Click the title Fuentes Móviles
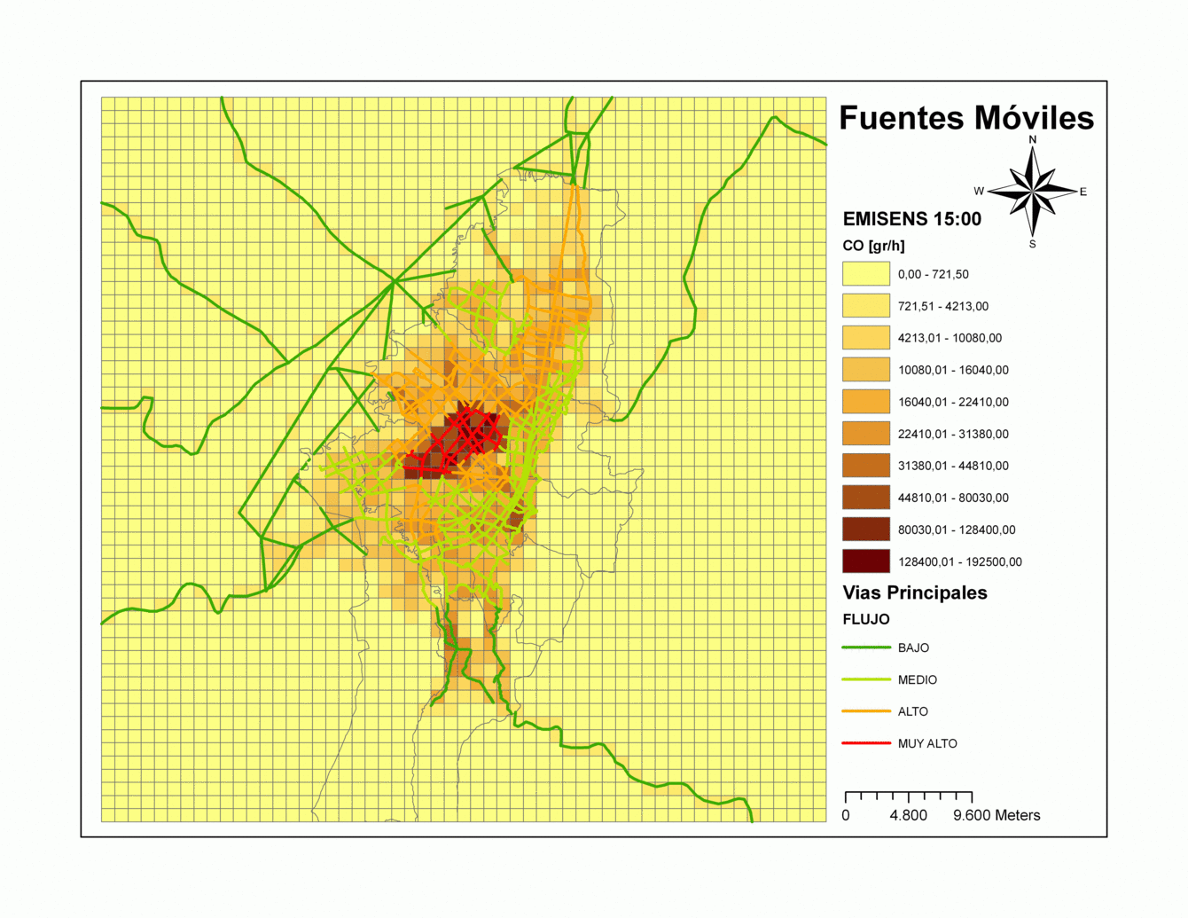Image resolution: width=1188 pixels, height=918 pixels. tap(966, 118)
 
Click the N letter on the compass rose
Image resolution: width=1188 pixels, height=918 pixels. tap(1032, 139)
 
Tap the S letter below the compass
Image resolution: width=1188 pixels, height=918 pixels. tap(1032, 244)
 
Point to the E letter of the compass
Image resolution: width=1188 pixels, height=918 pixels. tap(1082, 192)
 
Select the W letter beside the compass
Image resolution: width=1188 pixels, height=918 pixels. tap(979, 191)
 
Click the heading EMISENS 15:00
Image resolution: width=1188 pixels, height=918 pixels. tap(911, 219)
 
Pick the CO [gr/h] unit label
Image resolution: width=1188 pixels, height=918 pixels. tap(873, 246)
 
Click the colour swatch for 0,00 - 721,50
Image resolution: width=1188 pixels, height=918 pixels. tap(865, 274)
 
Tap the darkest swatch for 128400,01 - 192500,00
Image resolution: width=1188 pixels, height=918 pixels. tap(865, 561)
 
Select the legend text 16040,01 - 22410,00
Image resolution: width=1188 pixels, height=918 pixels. tap(953, 402)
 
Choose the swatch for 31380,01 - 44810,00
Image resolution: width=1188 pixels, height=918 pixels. tap(865, 466)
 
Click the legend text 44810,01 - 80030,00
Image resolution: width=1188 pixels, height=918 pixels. tap(953, 498)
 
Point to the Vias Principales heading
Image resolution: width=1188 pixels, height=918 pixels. tap(914, 592)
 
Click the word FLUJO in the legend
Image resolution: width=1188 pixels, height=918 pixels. tap(865, 619)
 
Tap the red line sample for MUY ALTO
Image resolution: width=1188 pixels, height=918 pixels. tap(865, 743)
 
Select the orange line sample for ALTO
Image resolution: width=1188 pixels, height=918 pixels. tap(865, 711)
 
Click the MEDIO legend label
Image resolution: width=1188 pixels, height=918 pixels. tap(917, 679)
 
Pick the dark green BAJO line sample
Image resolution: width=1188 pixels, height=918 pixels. tap(865, 647)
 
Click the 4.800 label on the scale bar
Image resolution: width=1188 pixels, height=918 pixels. tap(909, 815)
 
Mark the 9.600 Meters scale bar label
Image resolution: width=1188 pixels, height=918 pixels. tap(997, 815)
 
